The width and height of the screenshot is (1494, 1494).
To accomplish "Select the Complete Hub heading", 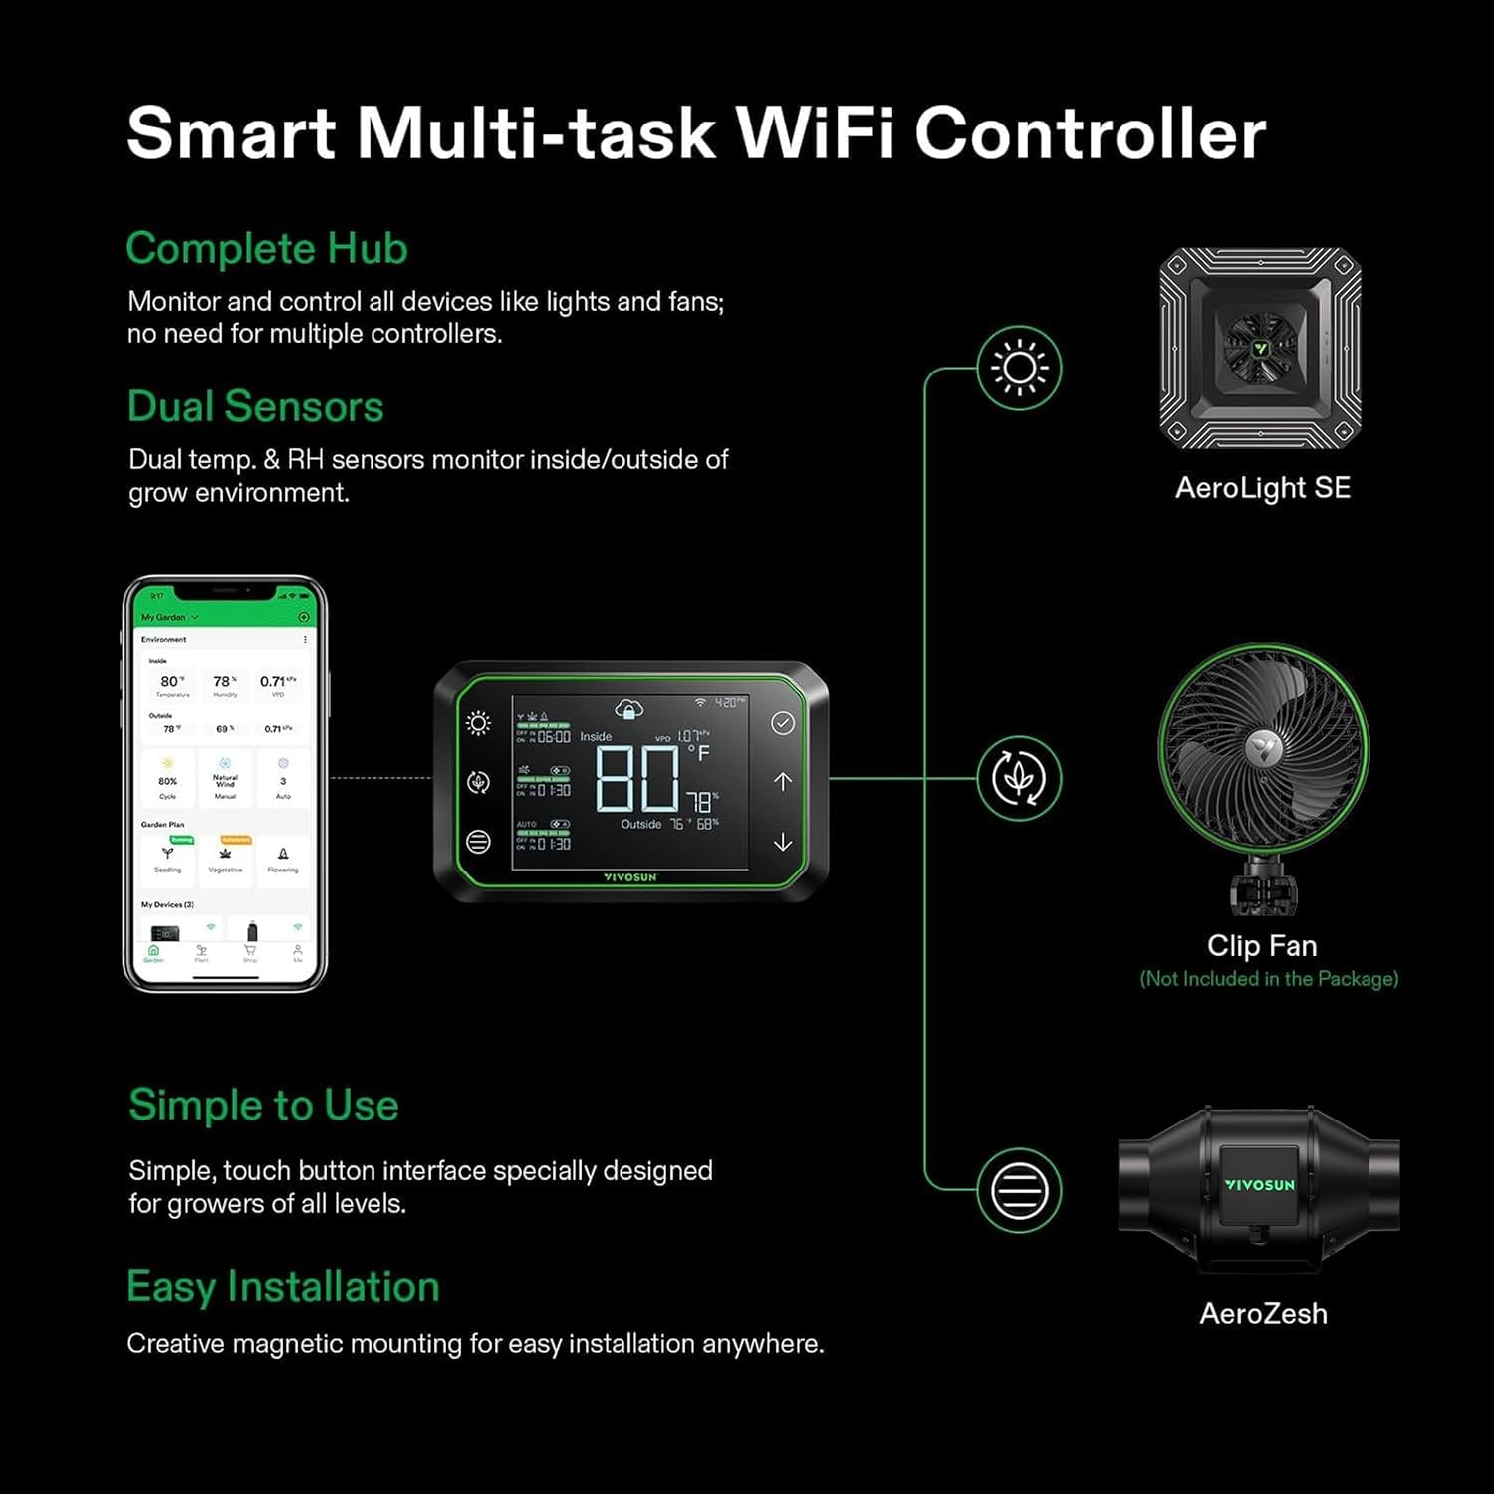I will [x=267, y=249].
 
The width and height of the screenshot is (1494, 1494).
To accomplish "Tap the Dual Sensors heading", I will [x=255, y=407].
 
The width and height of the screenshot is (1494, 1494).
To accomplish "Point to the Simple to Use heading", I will [x=264, y=1106].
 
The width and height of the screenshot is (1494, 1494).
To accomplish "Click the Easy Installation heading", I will [x=283, y=1287].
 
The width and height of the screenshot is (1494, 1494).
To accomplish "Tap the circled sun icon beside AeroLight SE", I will [x=1019, y=368].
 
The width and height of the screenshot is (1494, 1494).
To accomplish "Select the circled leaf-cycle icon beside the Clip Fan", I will [x=1019, y=778].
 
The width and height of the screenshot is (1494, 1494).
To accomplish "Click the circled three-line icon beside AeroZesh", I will [x=1019, y=1190].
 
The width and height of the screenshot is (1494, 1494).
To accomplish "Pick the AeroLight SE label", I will [x=1262, y=488].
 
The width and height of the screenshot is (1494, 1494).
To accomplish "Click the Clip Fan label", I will [x=1262, y=946].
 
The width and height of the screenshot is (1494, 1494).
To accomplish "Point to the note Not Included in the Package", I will [x=1269, y=979].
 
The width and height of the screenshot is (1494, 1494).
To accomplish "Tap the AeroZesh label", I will [x=1263, y=1314].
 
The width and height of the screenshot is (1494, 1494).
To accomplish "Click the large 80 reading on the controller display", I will [x=637, y=778].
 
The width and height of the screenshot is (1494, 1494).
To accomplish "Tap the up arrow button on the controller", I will [x=783, y=782].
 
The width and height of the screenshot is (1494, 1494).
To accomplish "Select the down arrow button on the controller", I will [x=783, y=843].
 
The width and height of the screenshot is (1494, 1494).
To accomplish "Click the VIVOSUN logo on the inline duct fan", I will [x=1259, y=1185].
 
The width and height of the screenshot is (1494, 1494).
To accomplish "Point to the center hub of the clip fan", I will [x=1262, y=746].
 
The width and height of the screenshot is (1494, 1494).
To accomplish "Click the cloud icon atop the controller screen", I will [x=628, y=709].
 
